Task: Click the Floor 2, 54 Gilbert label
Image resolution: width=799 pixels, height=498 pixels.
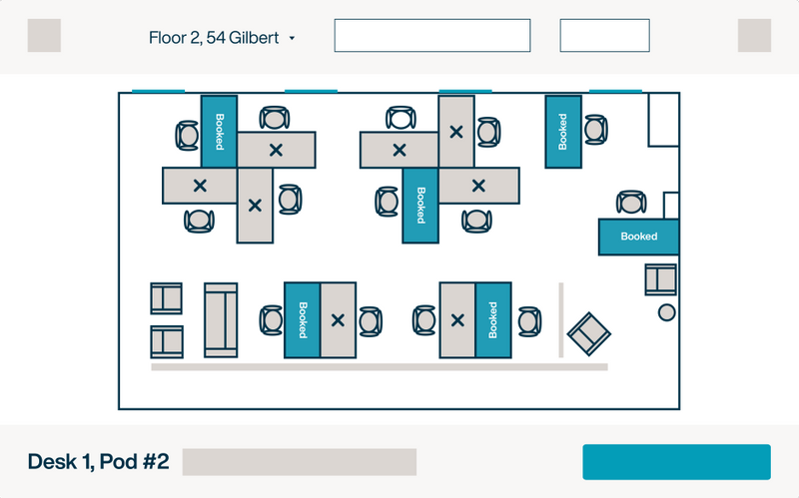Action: click(x=214, y=38)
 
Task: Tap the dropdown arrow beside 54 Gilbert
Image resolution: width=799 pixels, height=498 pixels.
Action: click(x=292, y=39)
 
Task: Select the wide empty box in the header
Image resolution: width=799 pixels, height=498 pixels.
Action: click(x=431, y=35)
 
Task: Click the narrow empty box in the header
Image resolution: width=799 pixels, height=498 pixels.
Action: click(x=604, y=35)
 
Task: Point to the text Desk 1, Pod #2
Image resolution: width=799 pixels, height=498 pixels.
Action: click(x=98, y=462)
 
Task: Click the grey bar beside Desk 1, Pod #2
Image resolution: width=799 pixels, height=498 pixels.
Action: click(x=299, y=462)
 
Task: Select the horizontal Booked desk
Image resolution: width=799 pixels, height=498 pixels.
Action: click(x=638, y=237)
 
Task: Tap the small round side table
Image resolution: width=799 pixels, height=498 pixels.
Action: click(x=666, y=313)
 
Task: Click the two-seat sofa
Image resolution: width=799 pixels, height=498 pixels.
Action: click(x=221, y=319)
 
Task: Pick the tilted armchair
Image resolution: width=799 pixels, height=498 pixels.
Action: click(x=588, y=333)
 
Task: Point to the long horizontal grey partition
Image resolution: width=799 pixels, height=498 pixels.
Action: click(x=380, y=367)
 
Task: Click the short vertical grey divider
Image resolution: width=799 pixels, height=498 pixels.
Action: click(x=560, y=318)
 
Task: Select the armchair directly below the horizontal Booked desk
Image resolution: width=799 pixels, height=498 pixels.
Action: click(x=661, y=278)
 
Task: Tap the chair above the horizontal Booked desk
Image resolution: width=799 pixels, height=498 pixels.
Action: click(x=630, y=203)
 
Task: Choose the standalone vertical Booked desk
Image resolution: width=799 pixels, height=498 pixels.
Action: click(x=562, y=131)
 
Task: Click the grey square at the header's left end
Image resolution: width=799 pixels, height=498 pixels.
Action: click(x=44, y=36)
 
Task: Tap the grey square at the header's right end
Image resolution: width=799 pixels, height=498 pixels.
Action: click(x=754, y=36)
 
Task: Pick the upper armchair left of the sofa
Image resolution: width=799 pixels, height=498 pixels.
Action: click(x=167, y=297)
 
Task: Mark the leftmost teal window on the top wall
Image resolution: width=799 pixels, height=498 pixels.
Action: click(x=158, y=91)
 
